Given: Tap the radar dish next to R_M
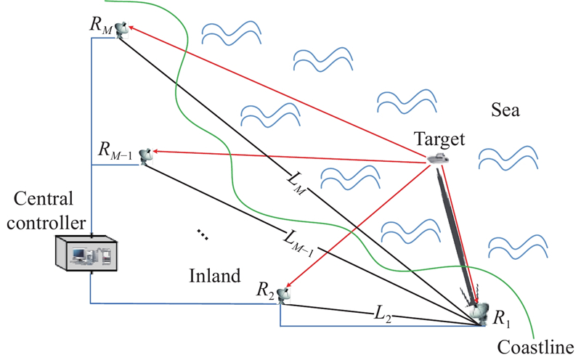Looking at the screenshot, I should [121, 30].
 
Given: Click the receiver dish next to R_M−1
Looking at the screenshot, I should [147, 154].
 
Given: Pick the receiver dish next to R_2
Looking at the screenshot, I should [283, 295].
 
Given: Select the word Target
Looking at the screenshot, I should [438, 138].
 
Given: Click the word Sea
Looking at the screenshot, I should [505, 110].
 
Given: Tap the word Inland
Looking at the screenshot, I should [214, 277].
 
